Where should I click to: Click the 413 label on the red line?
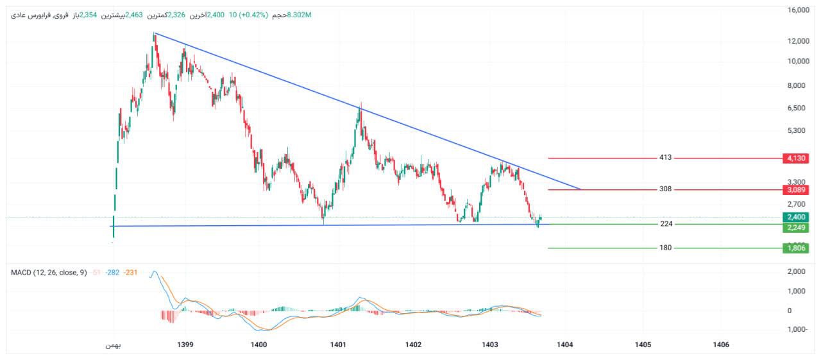665,157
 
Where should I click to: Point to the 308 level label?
665,189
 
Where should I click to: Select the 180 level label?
665,248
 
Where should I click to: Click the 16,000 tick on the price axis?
799,10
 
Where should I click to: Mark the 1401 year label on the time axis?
338,345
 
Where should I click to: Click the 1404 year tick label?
564,345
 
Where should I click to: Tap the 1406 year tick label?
720,345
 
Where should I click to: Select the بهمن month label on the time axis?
113,345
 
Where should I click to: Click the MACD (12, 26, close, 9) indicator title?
49,273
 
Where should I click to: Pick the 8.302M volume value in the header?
299,15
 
